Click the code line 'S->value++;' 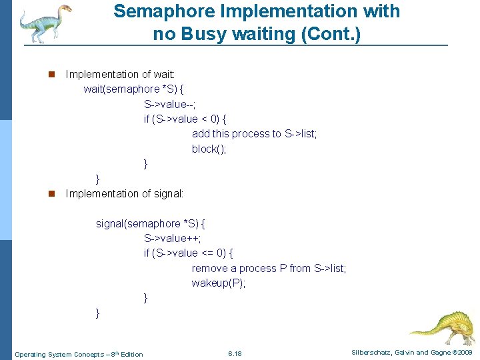[172, 238]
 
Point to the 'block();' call [209, 149]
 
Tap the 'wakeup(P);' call [218, 283]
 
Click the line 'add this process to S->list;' [254, 134]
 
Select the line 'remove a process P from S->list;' [269, 268]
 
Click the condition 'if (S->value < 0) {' [185, 119]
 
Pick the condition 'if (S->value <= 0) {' [188, 253]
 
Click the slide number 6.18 [235, 353]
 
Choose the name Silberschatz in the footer [371, 352]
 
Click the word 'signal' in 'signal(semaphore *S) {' [110, 223]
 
